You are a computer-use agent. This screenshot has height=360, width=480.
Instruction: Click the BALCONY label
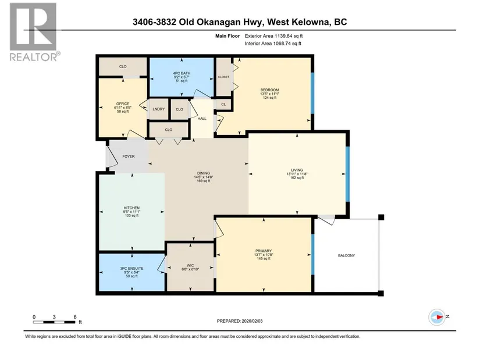[x=346, y=255]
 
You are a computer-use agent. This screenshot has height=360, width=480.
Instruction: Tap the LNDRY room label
[x=159, y=109]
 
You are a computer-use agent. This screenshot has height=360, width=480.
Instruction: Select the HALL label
[x=202, y=119]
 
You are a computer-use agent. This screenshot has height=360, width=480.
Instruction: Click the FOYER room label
[x=129, y=156]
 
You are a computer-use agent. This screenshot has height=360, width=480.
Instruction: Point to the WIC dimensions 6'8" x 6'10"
[x=190, y=269]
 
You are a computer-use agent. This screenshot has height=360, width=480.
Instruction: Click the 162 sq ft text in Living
[x=297, y=177]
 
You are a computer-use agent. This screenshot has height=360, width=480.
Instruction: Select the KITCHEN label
[x=131, y=208]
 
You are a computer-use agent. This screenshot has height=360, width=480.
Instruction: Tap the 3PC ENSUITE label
[x=131, y=269]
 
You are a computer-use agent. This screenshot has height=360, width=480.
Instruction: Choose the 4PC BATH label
[x=182, y=73]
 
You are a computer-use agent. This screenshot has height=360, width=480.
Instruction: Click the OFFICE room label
[x=123, y=104]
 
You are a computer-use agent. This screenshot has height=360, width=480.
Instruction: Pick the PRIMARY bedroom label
[x=263, y=251]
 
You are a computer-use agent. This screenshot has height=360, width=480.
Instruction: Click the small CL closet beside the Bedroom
[x=223, y=104]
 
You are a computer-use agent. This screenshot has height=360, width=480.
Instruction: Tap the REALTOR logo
[x=33, y=31]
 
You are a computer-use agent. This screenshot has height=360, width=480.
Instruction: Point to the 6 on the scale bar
[x=75, y=317]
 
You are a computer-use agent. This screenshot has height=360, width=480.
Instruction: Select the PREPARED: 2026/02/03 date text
[x=240, y=321]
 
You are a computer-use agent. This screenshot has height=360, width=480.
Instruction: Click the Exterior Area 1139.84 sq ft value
[x=273, y=36]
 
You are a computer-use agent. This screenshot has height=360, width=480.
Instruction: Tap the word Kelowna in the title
[x=311, y=22]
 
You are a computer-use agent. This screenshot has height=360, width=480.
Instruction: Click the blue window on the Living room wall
[x=347, y=174]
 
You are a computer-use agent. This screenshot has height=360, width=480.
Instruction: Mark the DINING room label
[x=203, y=173]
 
